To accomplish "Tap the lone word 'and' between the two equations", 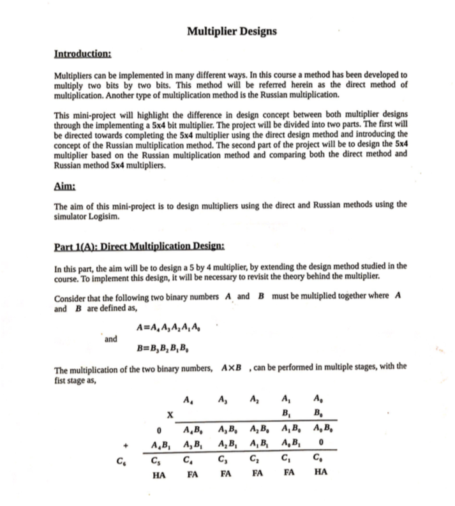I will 112,339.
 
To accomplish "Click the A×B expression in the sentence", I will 232,370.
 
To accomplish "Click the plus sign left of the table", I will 126,444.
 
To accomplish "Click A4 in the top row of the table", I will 187,401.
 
